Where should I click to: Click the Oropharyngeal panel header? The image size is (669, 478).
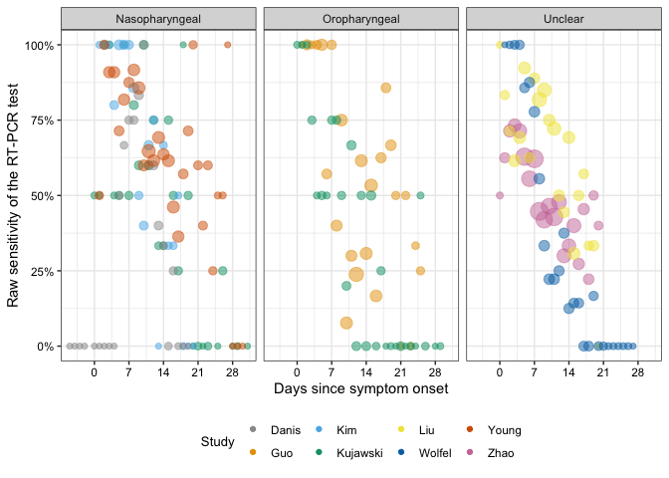361,20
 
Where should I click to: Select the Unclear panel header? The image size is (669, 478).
564,20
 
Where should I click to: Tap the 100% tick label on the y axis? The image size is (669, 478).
39,46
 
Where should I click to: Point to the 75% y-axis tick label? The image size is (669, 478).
42,120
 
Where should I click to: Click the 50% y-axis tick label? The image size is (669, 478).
42,196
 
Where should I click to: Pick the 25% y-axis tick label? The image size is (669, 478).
42,271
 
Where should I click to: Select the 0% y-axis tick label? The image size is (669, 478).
45,347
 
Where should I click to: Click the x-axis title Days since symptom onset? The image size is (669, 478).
360,386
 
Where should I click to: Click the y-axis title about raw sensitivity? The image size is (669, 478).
14,195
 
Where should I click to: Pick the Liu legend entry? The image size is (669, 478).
425,430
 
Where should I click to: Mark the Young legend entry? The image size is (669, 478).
504,430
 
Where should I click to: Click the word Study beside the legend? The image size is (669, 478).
217,441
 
